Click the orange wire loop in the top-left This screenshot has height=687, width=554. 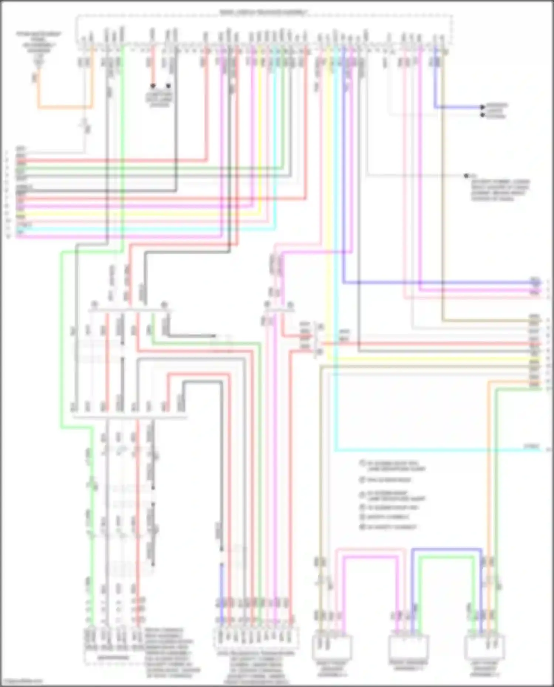pos(65,107)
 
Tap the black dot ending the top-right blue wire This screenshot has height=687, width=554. pos(482,107)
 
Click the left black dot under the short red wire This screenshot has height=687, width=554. pos(153,86)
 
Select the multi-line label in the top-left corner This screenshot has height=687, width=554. pos(38,41)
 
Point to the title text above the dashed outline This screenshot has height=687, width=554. pos(263,13)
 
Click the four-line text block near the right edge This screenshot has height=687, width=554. pos(499,190)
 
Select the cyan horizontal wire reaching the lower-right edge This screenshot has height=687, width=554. pos(436,450)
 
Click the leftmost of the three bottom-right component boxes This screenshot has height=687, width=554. pos(332,648)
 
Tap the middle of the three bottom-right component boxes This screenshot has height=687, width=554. pos(408,648)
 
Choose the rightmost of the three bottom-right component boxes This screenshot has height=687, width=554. pos(485,648)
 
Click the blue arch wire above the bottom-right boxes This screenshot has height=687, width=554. pos(447,550)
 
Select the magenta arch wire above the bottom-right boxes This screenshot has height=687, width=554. pos(369,557)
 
